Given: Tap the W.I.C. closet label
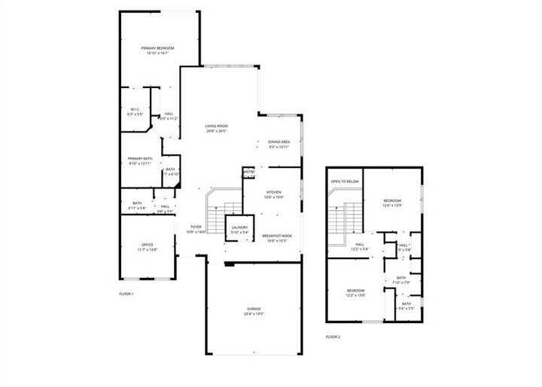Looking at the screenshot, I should coord(135,109).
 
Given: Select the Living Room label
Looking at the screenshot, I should coord(217,126).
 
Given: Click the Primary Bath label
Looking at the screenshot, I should coord(139,158).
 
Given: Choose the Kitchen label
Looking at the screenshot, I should coord(273,192).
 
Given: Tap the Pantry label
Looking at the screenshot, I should coord(248,172).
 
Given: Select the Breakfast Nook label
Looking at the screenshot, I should coord(277,236).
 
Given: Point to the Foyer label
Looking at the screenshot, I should coord(196,227).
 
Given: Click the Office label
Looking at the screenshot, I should coord(148,245).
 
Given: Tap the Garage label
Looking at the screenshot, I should coord(254,309).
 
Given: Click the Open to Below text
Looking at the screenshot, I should coord(345,181).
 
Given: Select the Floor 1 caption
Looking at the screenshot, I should coord(126,293).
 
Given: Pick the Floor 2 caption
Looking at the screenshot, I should coord(333,337).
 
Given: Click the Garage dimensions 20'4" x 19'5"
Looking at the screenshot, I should coord(254,314).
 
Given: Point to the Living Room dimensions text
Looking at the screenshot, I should coord(217,131).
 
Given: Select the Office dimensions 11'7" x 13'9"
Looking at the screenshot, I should coord(148,250).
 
